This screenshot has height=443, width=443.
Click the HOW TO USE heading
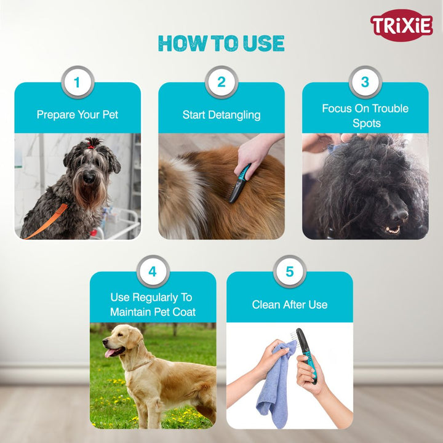click(x=221, y=43)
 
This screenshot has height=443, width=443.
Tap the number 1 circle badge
click(x=78, y=82)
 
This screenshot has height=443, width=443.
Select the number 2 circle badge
click(x=221, y=82)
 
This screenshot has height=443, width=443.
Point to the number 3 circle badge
click(x=365, y=82)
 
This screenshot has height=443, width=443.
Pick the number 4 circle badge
click(x=153, y=271)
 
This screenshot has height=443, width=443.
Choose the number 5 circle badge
click(x=290, y=271)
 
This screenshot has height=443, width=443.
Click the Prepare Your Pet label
click(x=78, y=114)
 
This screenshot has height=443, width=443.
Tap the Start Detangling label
click(x=221, y=114)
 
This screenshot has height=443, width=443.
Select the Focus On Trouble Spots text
click(x=365, y=115)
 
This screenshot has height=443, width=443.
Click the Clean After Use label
click(x=290, y=305)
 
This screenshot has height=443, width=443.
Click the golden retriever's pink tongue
click(x=111, y=353)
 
